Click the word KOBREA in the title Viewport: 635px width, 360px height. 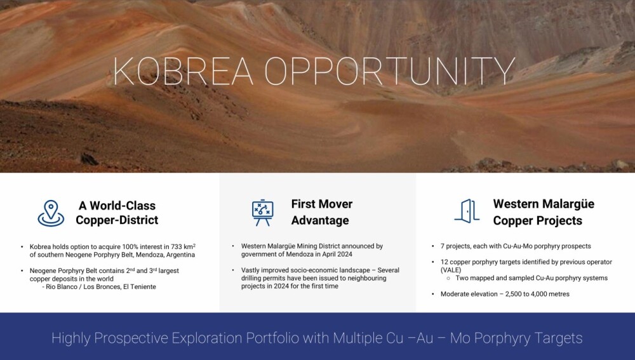coord(183,71)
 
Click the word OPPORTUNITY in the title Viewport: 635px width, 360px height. coord(390,71)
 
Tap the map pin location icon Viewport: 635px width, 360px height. coord(51,213)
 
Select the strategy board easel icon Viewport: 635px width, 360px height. coord(262,213)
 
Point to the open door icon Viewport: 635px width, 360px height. coord(467,211)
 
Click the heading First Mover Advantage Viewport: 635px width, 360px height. coord(321,212)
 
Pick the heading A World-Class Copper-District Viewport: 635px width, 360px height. coord(117,213)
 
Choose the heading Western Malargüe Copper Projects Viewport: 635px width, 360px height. coord(544,212)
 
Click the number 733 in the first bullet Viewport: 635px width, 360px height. coord(176,246)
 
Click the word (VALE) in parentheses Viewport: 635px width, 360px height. coord(451,270)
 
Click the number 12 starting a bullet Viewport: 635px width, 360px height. coord(444,262)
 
